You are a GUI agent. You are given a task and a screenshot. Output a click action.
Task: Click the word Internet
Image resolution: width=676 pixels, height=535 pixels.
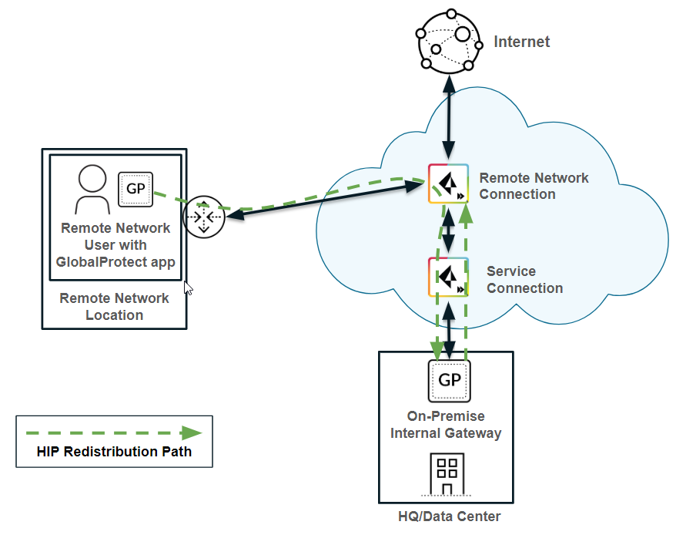(x=522, y=42)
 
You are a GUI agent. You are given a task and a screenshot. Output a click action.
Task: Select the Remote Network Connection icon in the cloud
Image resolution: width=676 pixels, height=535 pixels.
(x=448, y=183)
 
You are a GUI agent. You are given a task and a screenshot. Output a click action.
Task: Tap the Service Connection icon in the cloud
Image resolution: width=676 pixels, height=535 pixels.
(x=448, y=278)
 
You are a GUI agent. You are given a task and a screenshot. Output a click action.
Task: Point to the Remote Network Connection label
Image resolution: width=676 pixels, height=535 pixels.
(x=534, y=186)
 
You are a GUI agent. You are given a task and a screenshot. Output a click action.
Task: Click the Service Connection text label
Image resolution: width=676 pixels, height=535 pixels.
(x=524, y=280)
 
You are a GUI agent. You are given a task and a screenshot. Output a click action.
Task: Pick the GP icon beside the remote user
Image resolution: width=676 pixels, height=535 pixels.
(x=136, y=189)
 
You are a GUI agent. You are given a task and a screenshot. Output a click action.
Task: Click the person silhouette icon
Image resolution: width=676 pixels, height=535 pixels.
(x=92, y=190)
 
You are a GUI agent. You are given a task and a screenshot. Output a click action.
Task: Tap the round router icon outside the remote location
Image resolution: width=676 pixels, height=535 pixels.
(x=203, y=217)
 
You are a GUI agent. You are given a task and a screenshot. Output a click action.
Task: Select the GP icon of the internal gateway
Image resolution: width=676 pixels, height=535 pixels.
(x=449, y=380)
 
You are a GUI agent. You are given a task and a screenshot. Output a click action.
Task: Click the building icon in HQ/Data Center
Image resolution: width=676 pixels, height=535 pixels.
(x=446, y=475)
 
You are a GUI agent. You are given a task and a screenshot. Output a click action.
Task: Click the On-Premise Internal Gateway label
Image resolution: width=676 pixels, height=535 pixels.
(x=446, y=425)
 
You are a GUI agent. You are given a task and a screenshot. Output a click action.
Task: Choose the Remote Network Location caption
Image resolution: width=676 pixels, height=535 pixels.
(x=114, y=307)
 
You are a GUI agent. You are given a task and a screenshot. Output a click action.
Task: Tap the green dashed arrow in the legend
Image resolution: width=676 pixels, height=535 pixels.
(x=114, y=433)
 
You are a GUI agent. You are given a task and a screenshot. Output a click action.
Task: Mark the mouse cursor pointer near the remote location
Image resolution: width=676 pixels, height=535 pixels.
(x=188, y=288)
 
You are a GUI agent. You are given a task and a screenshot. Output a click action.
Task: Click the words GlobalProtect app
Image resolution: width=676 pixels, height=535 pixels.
(x=115, y=261)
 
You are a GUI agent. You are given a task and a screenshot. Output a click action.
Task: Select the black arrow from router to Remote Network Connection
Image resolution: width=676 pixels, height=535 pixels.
(x=323, y=200)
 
